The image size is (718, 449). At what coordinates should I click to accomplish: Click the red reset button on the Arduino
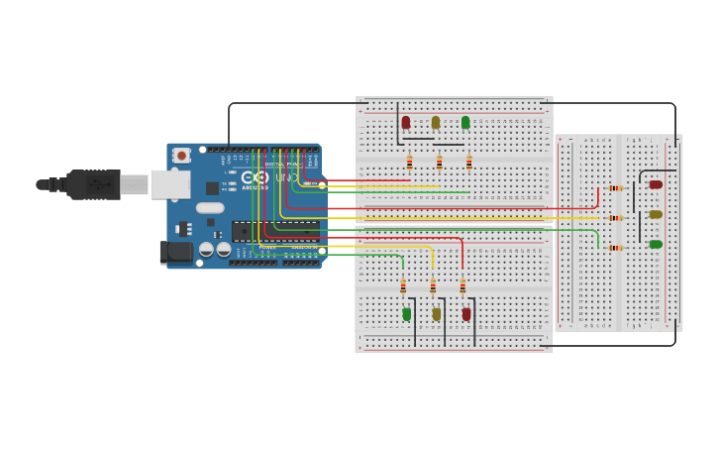coord(181,156)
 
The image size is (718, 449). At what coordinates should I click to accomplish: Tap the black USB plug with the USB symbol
coord(96,184)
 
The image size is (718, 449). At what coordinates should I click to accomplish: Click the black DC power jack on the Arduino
coord(177,252)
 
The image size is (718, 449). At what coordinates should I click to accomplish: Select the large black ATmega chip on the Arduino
coord(275,231)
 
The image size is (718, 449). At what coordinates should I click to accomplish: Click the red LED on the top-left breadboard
coord(406,123)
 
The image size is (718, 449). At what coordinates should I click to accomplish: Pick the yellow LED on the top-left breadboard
coord(436,123)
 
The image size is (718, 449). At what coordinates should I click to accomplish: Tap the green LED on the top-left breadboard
coord(465,123)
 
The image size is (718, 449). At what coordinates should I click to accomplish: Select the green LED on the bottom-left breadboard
coord(406,314)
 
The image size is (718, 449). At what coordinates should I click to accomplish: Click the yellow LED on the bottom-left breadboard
coord(436,314)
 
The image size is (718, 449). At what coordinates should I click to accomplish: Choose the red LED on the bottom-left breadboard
coord(466,314)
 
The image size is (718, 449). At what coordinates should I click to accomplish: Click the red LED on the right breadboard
coord(655,184)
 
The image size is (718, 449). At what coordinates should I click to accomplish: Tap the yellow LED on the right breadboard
coord(655,214)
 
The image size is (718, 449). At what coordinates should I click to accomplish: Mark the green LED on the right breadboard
coord(655,244)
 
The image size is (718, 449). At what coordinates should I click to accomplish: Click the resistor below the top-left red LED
coord(409,163)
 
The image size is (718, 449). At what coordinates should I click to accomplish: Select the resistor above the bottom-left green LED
coord(403,286)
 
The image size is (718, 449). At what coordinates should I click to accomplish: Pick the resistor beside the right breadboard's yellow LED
coord(615,218)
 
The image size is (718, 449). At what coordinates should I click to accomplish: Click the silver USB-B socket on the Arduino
coord(169,184)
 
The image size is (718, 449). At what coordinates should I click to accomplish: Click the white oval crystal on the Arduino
coord(210,208)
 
